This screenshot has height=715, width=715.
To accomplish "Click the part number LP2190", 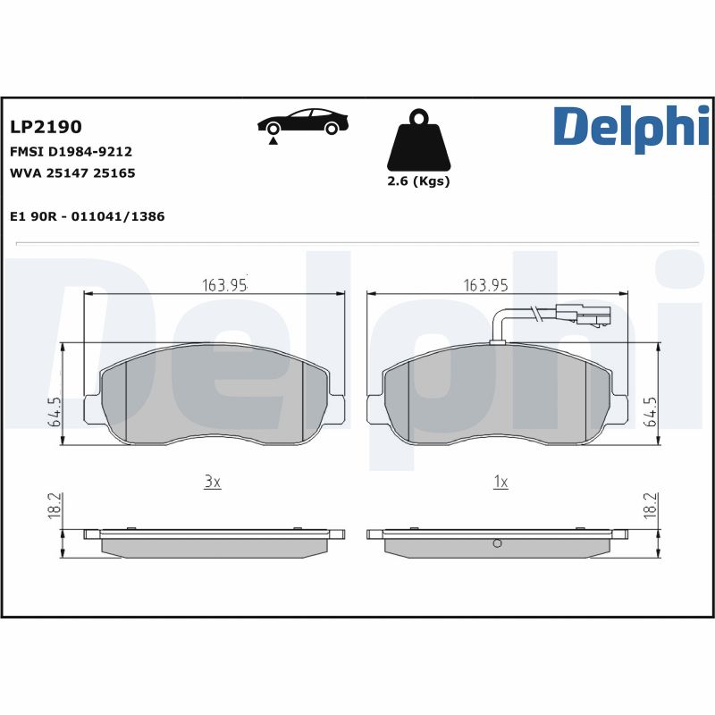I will (46, 128).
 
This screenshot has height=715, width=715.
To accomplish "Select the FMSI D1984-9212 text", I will (71, 152).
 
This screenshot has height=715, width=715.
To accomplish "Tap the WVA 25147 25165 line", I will (71, 173).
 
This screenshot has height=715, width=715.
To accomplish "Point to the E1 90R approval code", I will (87, 216).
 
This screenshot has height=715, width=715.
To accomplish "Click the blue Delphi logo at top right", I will (631, 126).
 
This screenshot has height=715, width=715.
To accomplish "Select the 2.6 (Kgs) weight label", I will (418, 181).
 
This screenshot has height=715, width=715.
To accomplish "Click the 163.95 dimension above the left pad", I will (223, 285).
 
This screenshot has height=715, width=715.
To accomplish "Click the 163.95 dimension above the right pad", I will (485, 285).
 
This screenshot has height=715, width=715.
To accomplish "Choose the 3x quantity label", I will (212, 482).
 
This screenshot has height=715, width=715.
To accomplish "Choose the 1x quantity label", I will (500, 482).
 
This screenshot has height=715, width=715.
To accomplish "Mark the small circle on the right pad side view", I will (498, 544).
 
